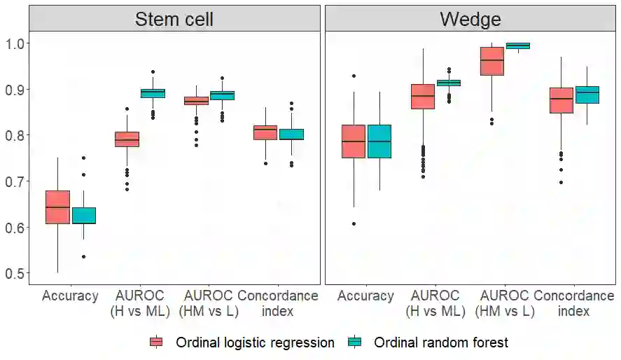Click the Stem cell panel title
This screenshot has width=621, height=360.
pyautogui.click(x=174, y=19)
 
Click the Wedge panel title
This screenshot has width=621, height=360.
pyautogui.click(x=470, y=19)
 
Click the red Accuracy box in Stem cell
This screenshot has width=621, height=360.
pyautogui.click(x=57, y=207)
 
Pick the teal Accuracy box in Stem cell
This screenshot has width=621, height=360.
pyautogui.click(x=83, y=215)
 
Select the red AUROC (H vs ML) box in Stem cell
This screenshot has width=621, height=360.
pyautogui.click(x=127, y=139)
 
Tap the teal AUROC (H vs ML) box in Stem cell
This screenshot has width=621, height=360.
pyautogui.click(x=153, y=93)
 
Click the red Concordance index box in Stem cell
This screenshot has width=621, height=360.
pyautogui.click(x=265, y=132)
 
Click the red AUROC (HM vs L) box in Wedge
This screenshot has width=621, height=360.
pyautogui.click(x=491, y=61)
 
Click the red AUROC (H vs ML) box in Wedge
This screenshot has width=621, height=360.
pyautogui.click(x=422, y=96)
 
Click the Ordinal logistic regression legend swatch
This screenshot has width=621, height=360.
pyautogui.click(x=157, y=342)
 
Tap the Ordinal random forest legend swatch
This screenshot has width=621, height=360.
pyautogui.click(x=356, y=342)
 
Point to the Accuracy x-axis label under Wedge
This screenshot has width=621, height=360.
pyautogui.click(x=365, y=296)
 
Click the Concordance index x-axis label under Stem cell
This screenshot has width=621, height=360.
pyautogui.click(x=278, y=303)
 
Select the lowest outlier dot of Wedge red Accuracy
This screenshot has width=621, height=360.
pyautogui.click(x=354, y=223)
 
